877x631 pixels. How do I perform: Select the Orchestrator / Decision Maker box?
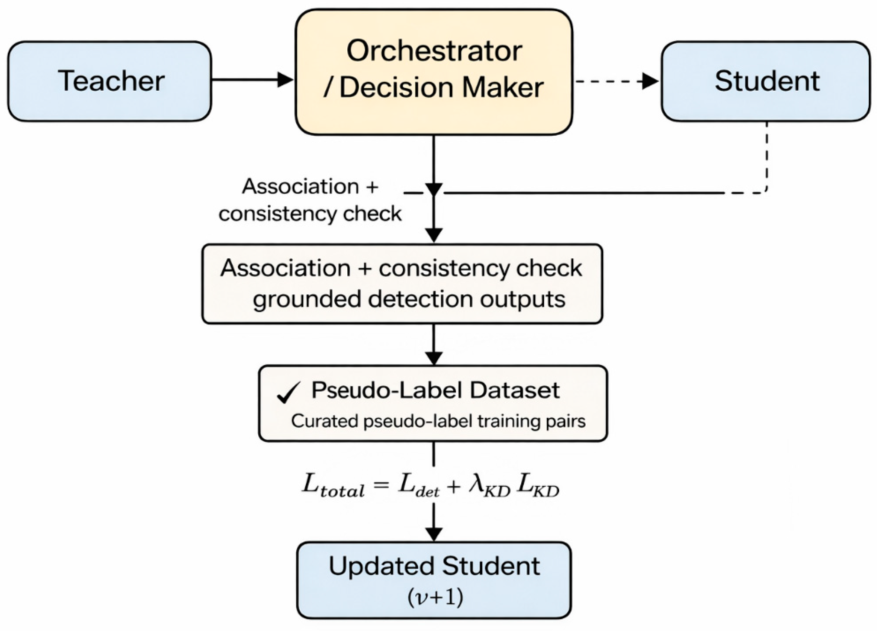point(433,72)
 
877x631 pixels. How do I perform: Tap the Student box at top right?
point(766,81)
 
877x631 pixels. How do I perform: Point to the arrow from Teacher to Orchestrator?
point(251,80)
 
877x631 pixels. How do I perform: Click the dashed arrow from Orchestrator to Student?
point(615,81)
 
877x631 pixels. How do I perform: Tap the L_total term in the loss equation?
point(332,486)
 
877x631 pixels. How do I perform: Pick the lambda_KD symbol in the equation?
point(489,486)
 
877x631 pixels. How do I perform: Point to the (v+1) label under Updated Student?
point(435,598)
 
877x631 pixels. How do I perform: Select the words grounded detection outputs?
point(409,299)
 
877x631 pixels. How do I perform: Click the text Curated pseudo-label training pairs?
point(438,422)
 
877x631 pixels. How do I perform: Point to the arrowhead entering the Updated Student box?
point(433,534)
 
